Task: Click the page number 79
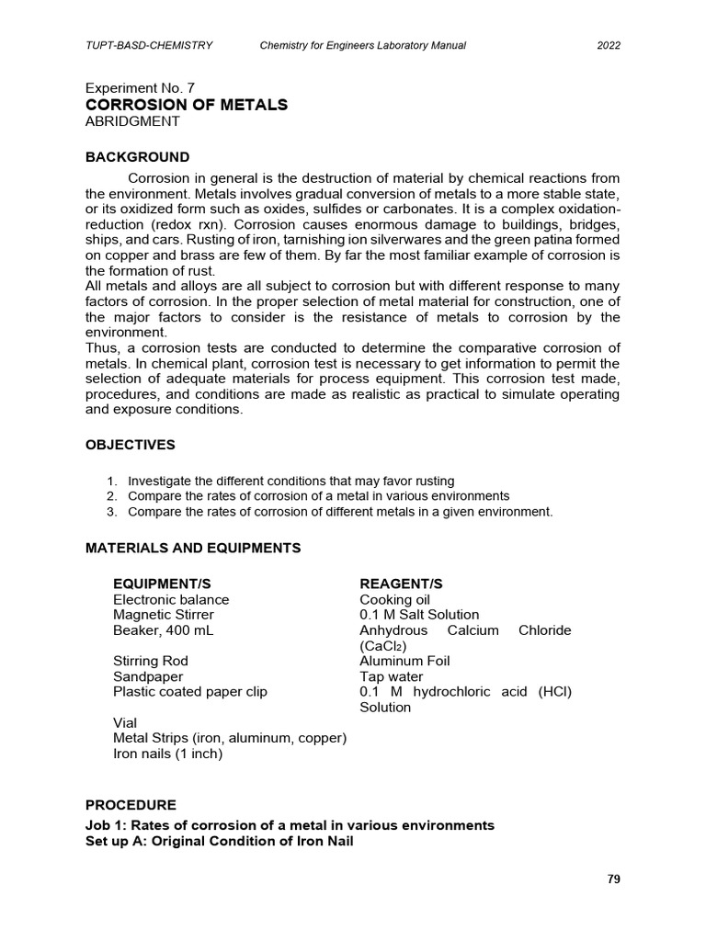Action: click(614, 879)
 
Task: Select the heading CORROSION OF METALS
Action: click(187, 105)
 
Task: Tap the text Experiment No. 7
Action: click(140, 88)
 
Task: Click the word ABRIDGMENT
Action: click(132, 121)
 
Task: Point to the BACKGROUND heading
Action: click(137, 157)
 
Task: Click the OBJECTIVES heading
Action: click(130, 445)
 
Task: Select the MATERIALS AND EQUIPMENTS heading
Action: click(193, 548)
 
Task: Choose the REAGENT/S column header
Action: click(401, 584)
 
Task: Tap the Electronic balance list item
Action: click(171, 599)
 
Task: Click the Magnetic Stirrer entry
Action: click(163, 615)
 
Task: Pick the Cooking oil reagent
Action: click(395, 599)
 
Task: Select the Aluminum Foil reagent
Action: click(405, 661)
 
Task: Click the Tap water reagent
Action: click(392, 676)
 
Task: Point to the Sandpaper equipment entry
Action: click(145, 676)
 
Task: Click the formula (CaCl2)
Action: click(386, 646)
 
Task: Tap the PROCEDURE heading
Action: click(131, 805)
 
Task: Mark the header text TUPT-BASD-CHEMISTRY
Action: click(149, 44)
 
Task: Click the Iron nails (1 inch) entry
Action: click(167, 754)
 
